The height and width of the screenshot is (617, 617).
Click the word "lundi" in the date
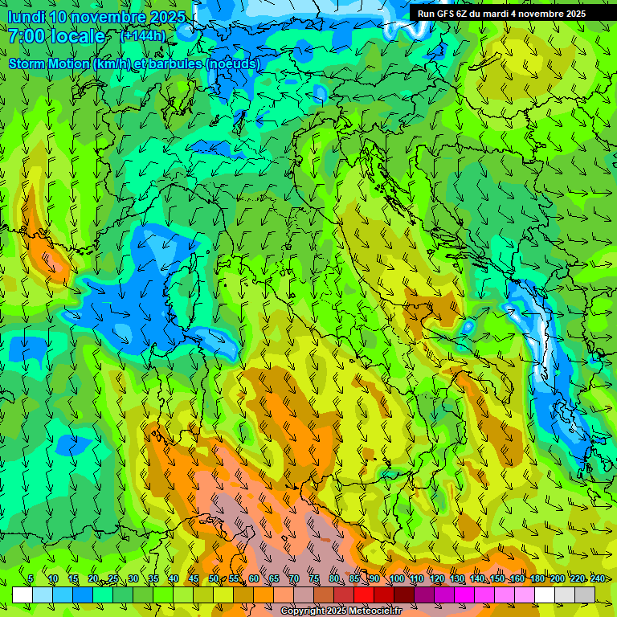tap(26, 17)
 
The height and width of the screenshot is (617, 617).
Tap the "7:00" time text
tap(28, 36)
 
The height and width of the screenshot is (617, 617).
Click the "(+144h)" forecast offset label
tap(143, 35)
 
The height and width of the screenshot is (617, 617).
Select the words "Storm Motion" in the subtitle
tap(48, 63)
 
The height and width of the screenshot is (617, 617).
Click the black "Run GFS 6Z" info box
tap(501, 13)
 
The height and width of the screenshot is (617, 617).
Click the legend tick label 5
tap(31, 578)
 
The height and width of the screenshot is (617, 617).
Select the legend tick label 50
tap(214, 578)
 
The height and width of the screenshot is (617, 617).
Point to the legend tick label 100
tap(396, 578)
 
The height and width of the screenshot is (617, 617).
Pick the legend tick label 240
tap(597, 578)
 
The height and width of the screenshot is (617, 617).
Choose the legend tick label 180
tap(537, 578)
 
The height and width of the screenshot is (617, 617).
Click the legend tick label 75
tap(314, 578)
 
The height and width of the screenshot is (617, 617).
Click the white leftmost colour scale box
tap(22, 595)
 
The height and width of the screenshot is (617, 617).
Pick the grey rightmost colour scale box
tap(585, 595)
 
